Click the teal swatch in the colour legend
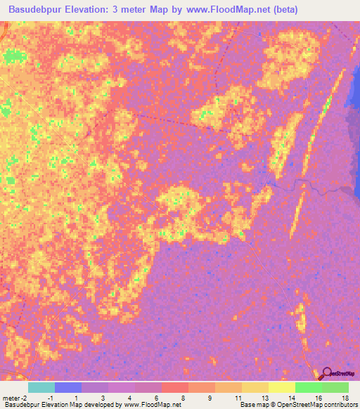[41, 387]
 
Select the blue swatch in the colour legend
[67, 387]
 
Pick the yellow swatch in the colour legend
[281, 387]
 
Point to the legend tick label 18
[345, 398]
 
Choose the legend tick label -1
[49, 398]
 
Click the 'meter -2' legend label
[16, 398]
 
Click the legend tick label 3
[104, 398]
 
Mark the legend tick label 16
[320, 398]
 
